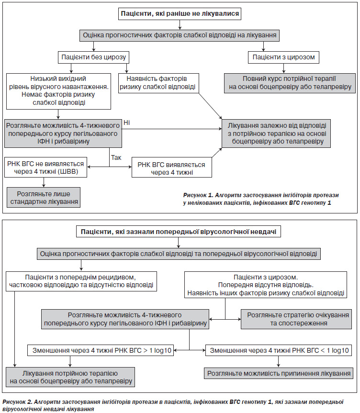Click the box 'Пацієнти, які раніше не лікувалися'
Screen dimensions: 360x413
180,14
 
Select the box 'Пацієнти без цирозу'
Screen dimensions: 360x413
93,57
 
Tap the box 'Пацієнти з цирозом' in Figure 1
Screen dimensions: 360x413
283,57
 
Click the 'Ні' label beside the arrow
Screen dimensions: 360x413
127,123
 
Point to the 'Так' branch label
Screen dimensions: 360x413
116,157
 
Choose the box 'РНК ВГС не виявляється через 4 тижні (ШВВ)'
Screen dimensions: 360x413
45,167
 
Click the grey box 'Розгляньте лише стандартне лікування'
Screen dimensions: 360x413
44,198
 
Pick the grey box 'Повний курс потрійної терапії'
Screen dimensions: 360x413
290,83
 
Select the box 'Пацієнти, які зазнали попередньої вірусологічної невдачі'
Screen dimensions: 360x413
179,232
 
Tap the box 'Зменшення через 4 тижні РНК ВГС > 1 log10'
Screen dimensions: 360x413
101,351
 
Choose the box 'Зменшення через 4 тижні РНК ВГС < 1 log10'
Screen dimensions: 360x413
279,351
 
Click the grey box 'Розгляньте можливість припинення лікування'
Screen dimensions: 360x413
279,373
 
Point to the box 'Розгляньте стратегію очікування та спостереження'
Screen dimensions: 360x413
296,319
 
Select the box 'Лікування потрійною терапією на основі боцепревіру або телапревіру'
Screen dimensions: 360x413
70,377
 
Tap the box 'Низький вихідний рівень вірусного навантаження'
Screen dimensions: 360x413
58,91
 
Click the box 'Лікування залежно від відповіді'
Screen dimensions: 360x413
276,133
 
